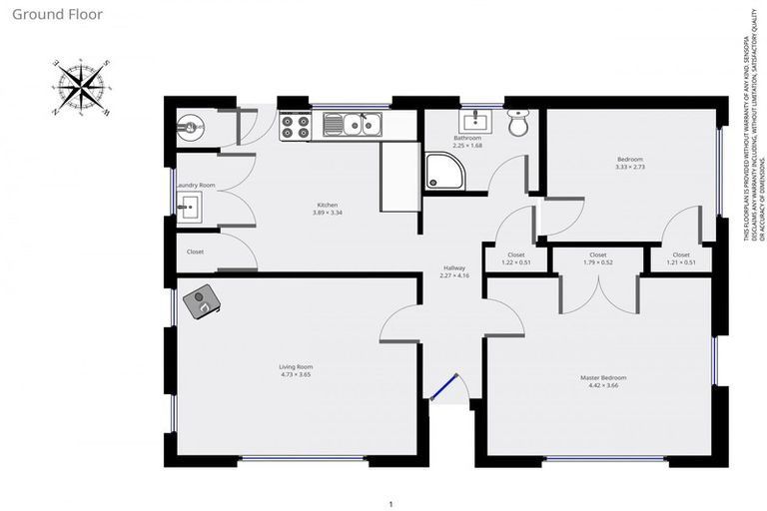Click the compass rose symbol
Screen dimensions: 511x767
pos(82,86)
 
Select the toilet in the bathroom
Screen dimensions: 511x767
pos(518,123)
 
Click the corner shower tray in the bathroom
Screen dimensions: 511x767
pos(442,171)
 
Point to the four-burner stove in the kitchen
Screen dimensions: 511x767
pos(296,125)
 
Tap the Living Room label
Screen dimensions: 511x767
pos(296,366)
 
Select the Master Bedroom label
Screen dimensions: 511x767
pos(603,377)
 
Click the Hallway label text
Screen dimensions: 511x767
pos(454,267)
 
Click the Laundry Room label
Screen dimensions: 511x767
pos(195,185)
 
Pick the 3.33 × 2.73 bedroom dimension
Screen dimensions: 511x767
pos(629,167)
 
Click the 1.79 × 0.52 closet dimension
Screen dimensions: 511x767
pos(597,262)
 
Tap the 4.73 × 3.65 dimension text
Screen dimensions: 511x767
pos(296,374)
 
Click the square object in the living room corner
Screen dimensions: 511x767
pos(205,300)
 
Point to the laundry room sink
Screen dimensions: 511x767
pos(190,208)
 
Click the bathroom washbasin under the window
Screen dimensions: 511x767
pos(474,122)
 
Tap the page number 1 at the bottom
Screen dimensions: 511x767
pos(391,503)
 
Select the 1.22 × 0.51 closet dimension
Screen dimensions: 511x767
pos(516,262)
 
